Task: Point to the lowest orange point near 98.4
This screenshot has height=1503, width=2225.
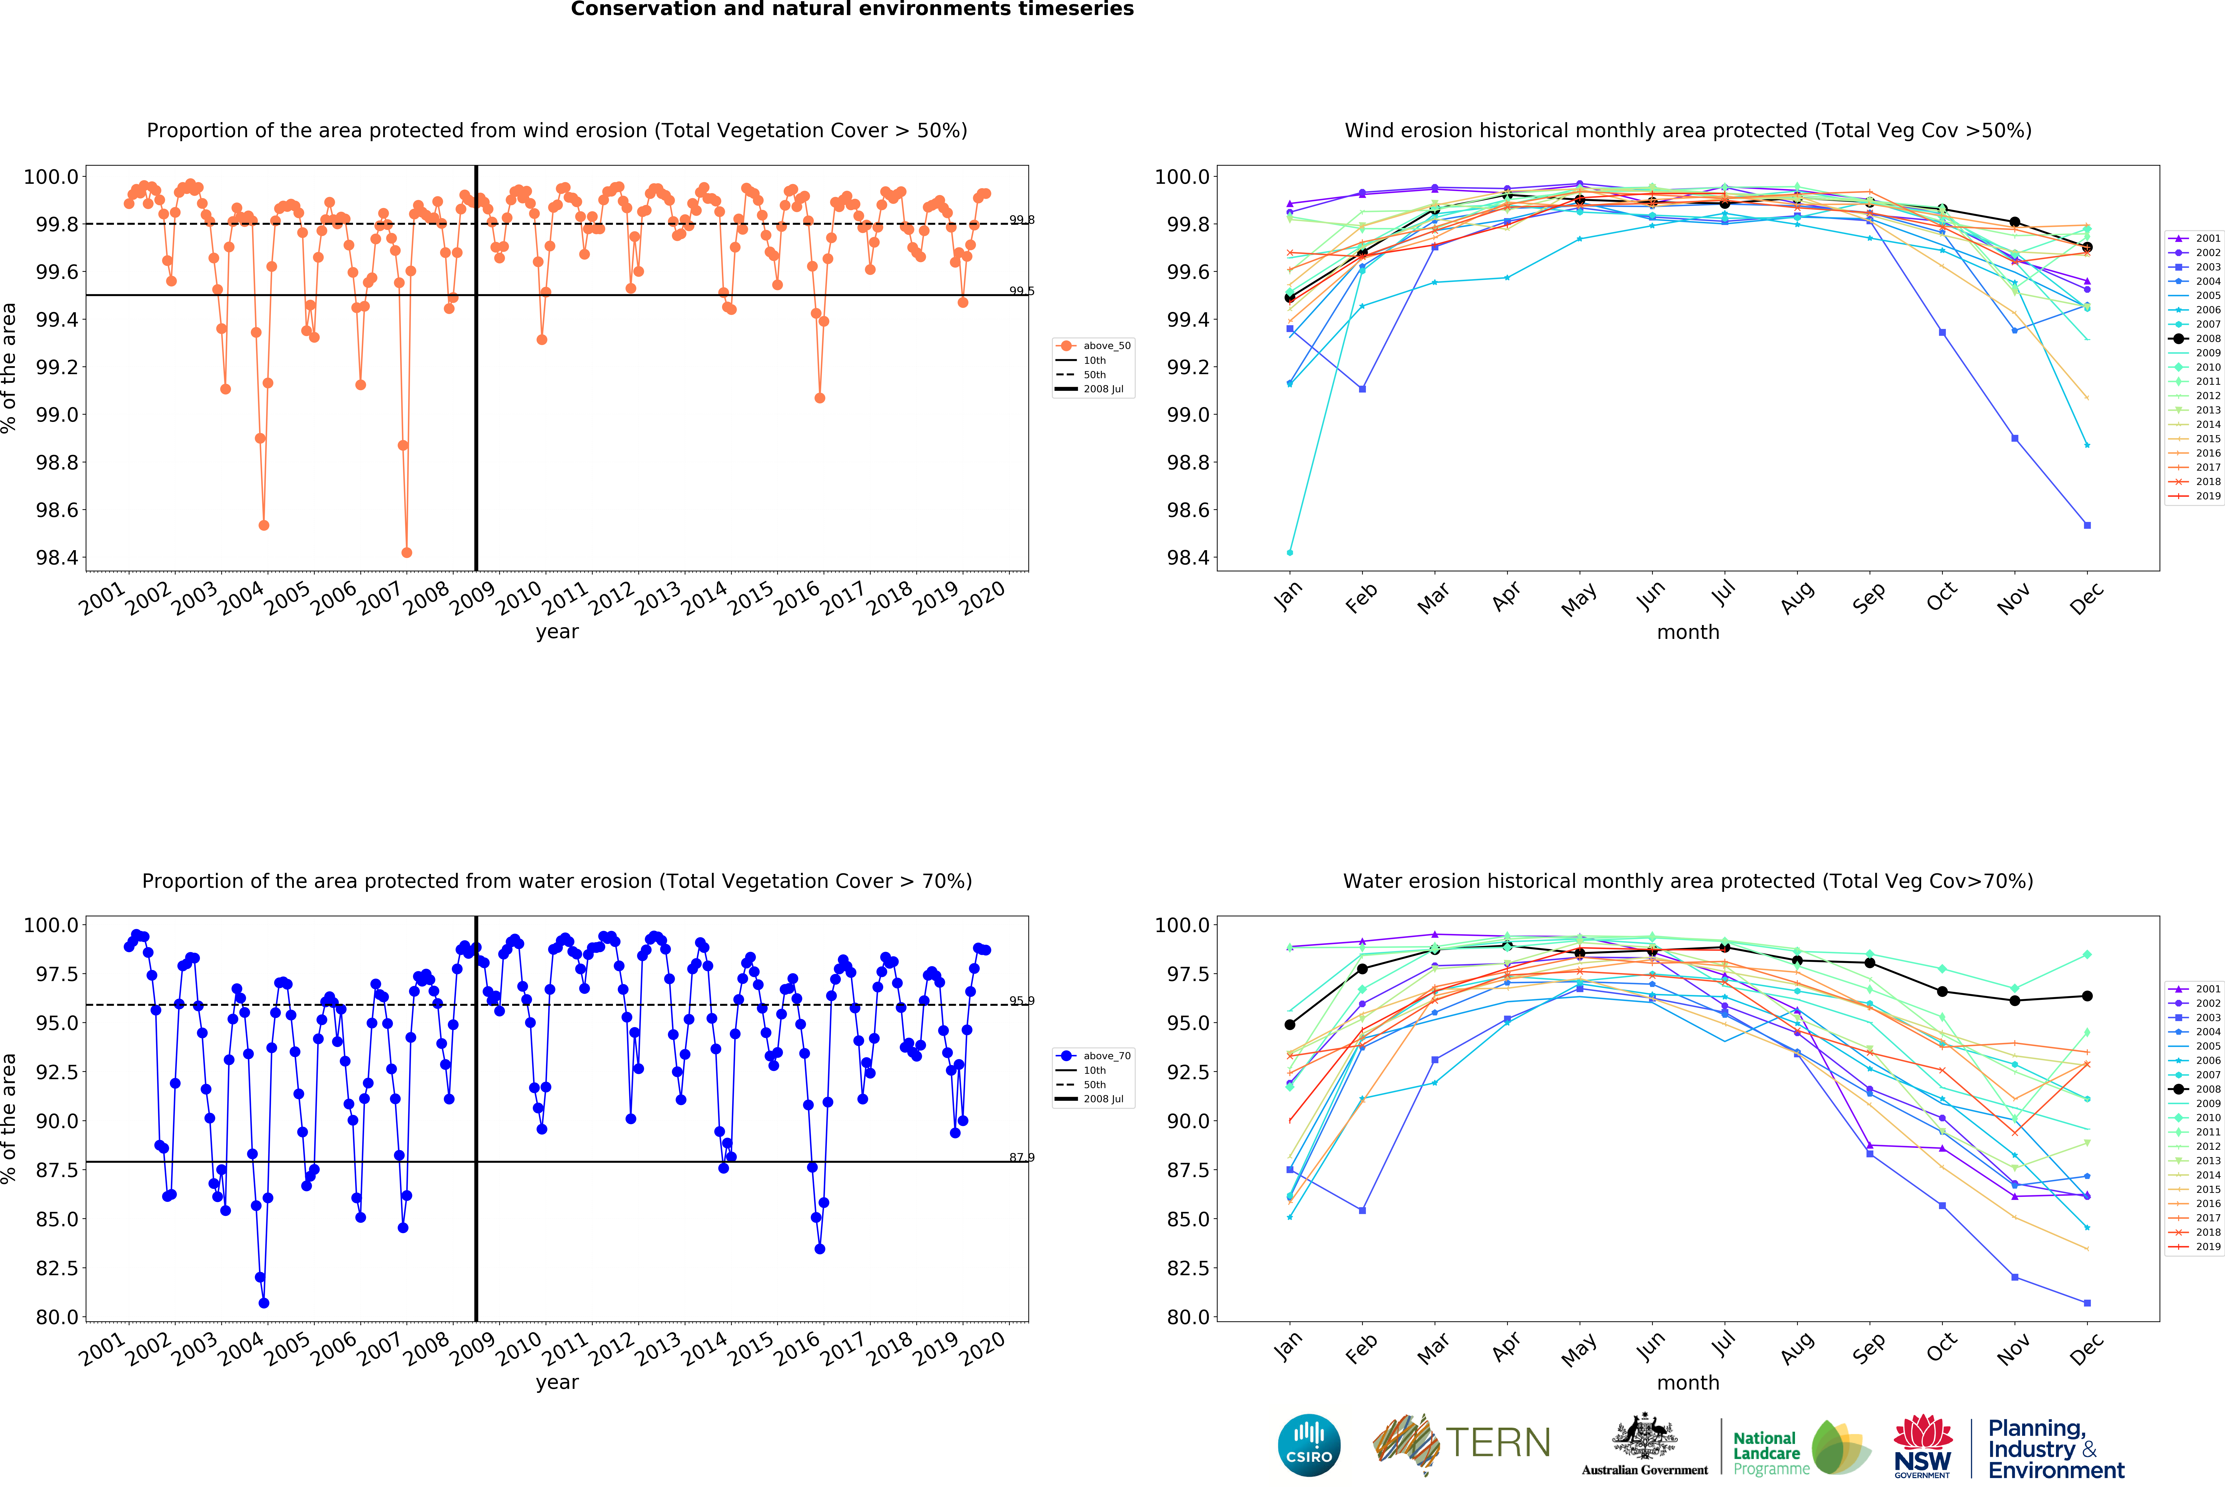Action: coord(407,552)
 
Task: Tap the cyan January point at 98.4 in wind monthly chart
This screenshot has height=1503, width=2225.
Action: coord(1290,552)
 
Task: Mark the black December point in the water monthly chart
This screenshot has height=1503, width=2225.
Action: coord(2087,996)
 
